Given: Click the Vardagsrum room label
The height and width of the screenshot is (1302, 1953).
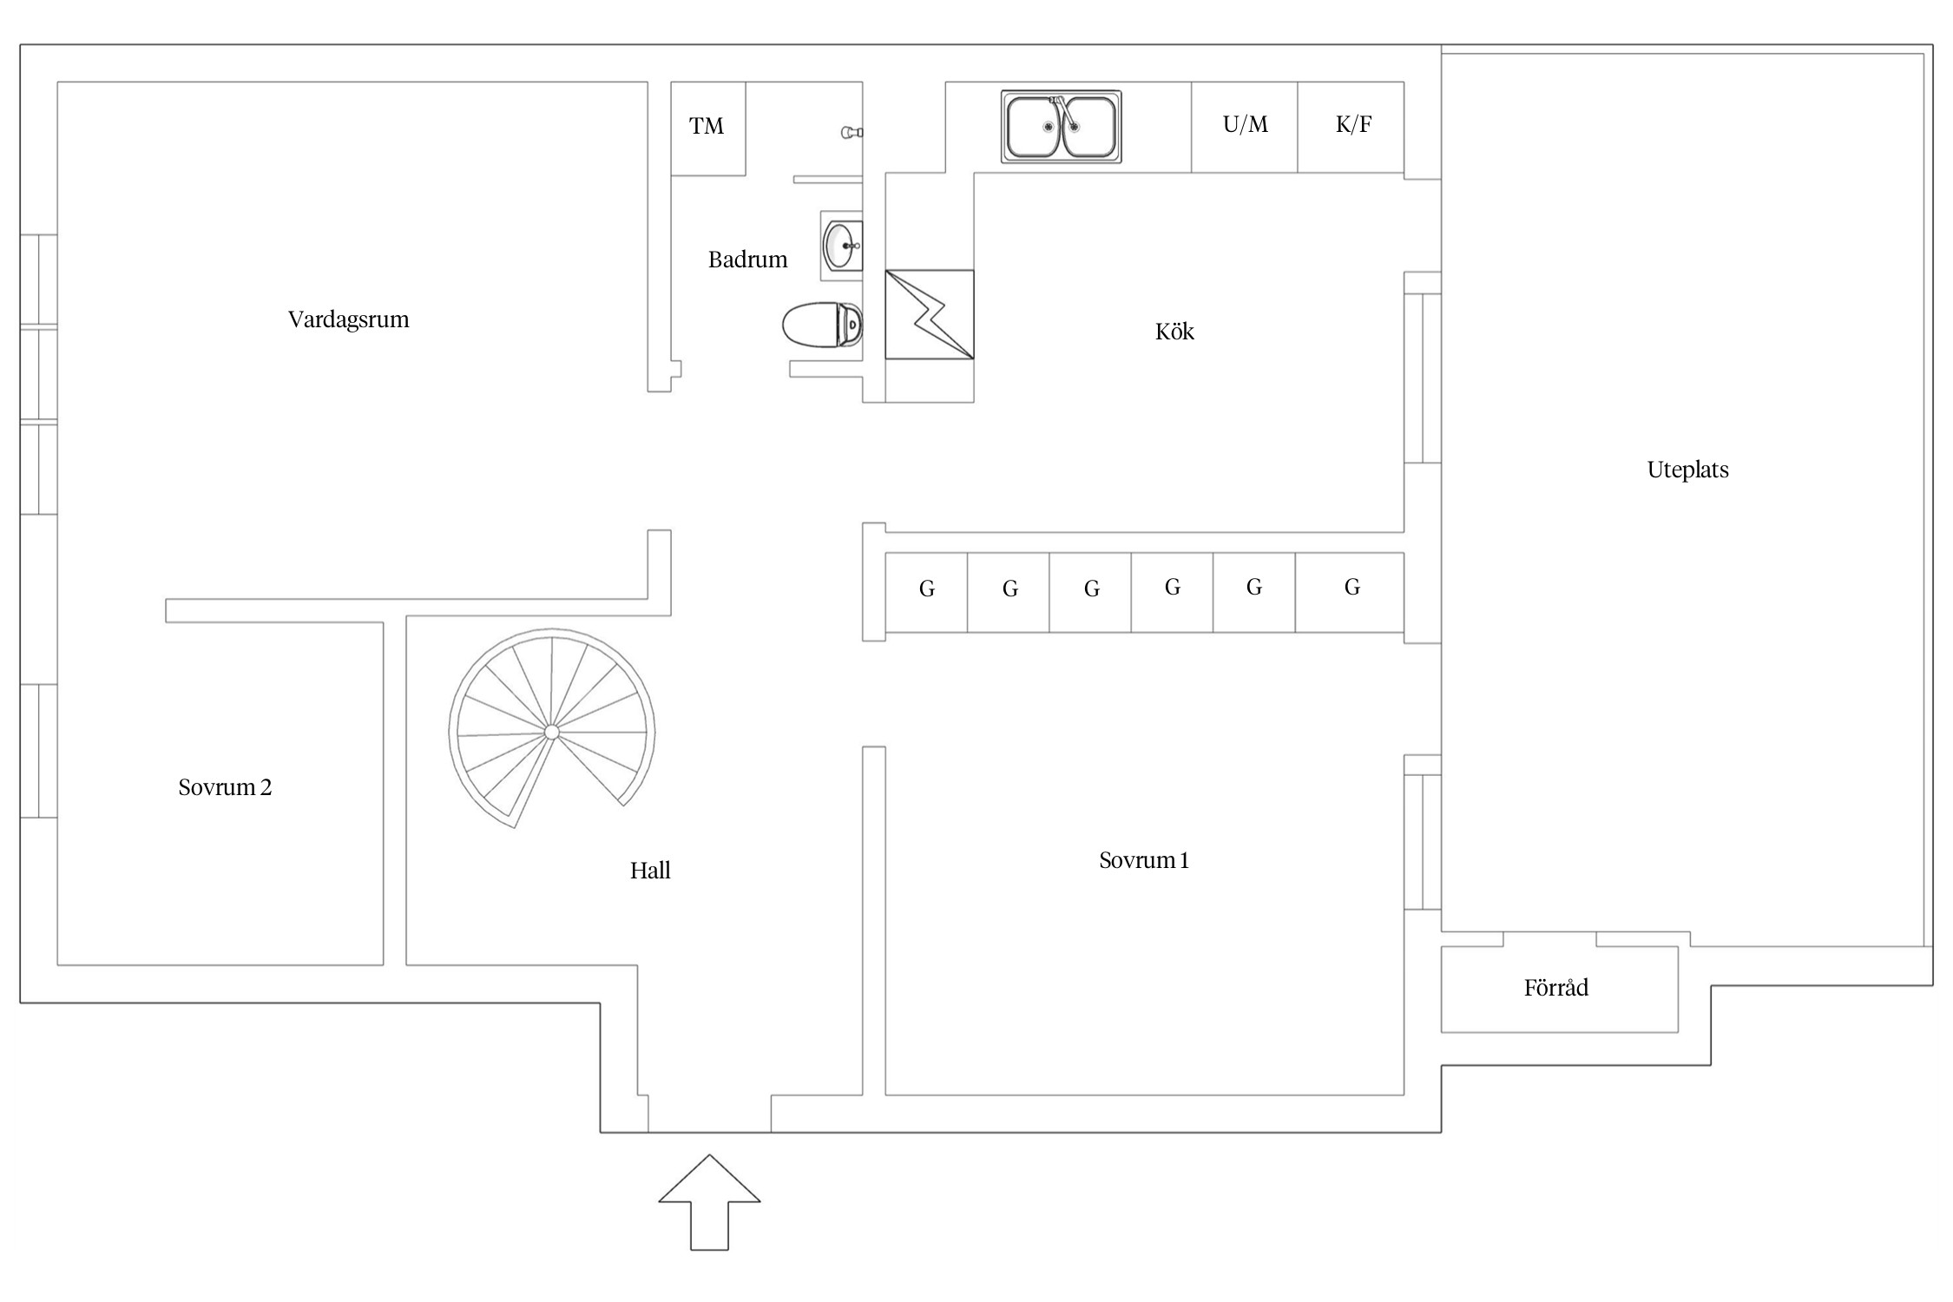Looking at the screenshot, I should (x=348, y=319).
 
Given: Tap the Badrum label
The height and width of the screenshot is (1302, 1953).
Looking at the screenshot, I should (x=747, y=260).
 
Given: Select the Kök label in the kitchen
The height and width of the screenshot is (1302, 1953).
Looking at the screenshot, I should (x=1174, y=332).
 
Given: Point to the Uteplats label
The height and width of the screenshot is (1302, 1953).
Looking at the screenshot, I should (x=1687, y=470).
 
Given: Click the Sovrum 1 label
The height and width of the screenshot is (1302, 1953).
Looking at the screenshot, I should (x=1143, y=860).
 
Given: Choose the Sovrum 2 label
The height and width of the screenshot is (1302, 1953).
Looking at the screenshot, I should (x=225, y=787).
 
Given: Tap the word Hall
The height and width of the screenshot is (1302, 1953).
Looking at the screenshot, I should (x=650, y=871).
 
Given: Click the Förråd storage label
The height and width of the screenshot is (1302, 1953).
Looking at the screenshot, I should (x=1555, y=988).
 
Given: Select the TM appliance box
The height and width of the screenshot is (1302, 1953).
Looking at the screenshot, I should (x=707, y=127).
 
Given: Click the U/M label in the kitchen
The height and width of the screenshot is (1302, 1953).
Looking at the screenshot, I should (x=1245, y=125).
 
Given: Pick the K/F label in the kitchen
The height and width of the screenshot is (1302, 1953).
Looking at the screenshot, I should (x=1353, y=125).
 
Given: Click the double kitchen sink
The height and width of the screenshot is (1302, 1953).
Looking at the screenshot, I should (x=1061, y=127).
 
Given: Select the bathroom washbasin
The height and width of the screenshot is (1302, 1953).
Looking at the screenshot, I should (x=841, y=247).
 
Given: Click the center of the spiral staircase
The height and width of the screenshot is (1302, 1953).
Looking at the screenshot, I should (x=551, y=733).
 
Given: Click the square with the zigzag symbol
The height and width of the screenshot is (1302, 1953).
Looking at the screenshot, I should (x=929, y=314).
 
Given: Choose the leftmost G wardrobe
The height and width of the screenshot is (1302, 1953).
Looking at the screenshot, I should (x=926, y=590).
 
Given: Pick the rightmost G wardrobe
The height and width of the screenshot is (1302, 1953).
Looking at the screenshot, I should (x=1351, y=589).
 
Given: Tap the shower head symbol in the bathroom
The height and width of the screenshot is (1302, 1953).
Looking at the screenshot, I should (x=851, y=132).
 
